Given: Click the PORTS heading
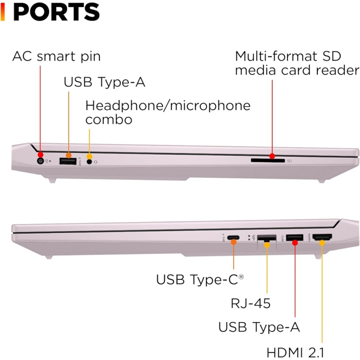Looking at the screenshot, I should point(56,12).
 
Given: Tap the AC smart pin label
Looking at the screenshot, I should point(56,57).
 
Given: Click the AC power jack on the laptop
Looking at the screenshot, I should point(40,160).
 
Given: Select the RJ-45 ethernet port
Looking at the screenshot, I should point(266,239).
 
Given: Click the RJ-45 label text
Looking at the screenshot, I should point(251,303).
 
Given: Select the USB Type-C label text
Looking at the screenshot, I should point(200,279).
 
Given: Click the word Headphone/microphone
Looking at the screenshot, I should point(168,106).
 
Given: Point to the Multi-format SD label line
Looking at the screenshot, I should point(288,57).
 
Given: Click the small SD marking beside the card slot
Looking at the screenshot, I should point(289,160).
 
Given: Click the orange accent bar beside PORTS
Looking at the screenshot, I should point(3,12).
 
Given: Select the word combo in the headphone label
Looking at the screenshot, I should point(109,119).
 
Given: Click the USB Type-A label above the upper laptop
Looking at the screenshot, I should point(104,82).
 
